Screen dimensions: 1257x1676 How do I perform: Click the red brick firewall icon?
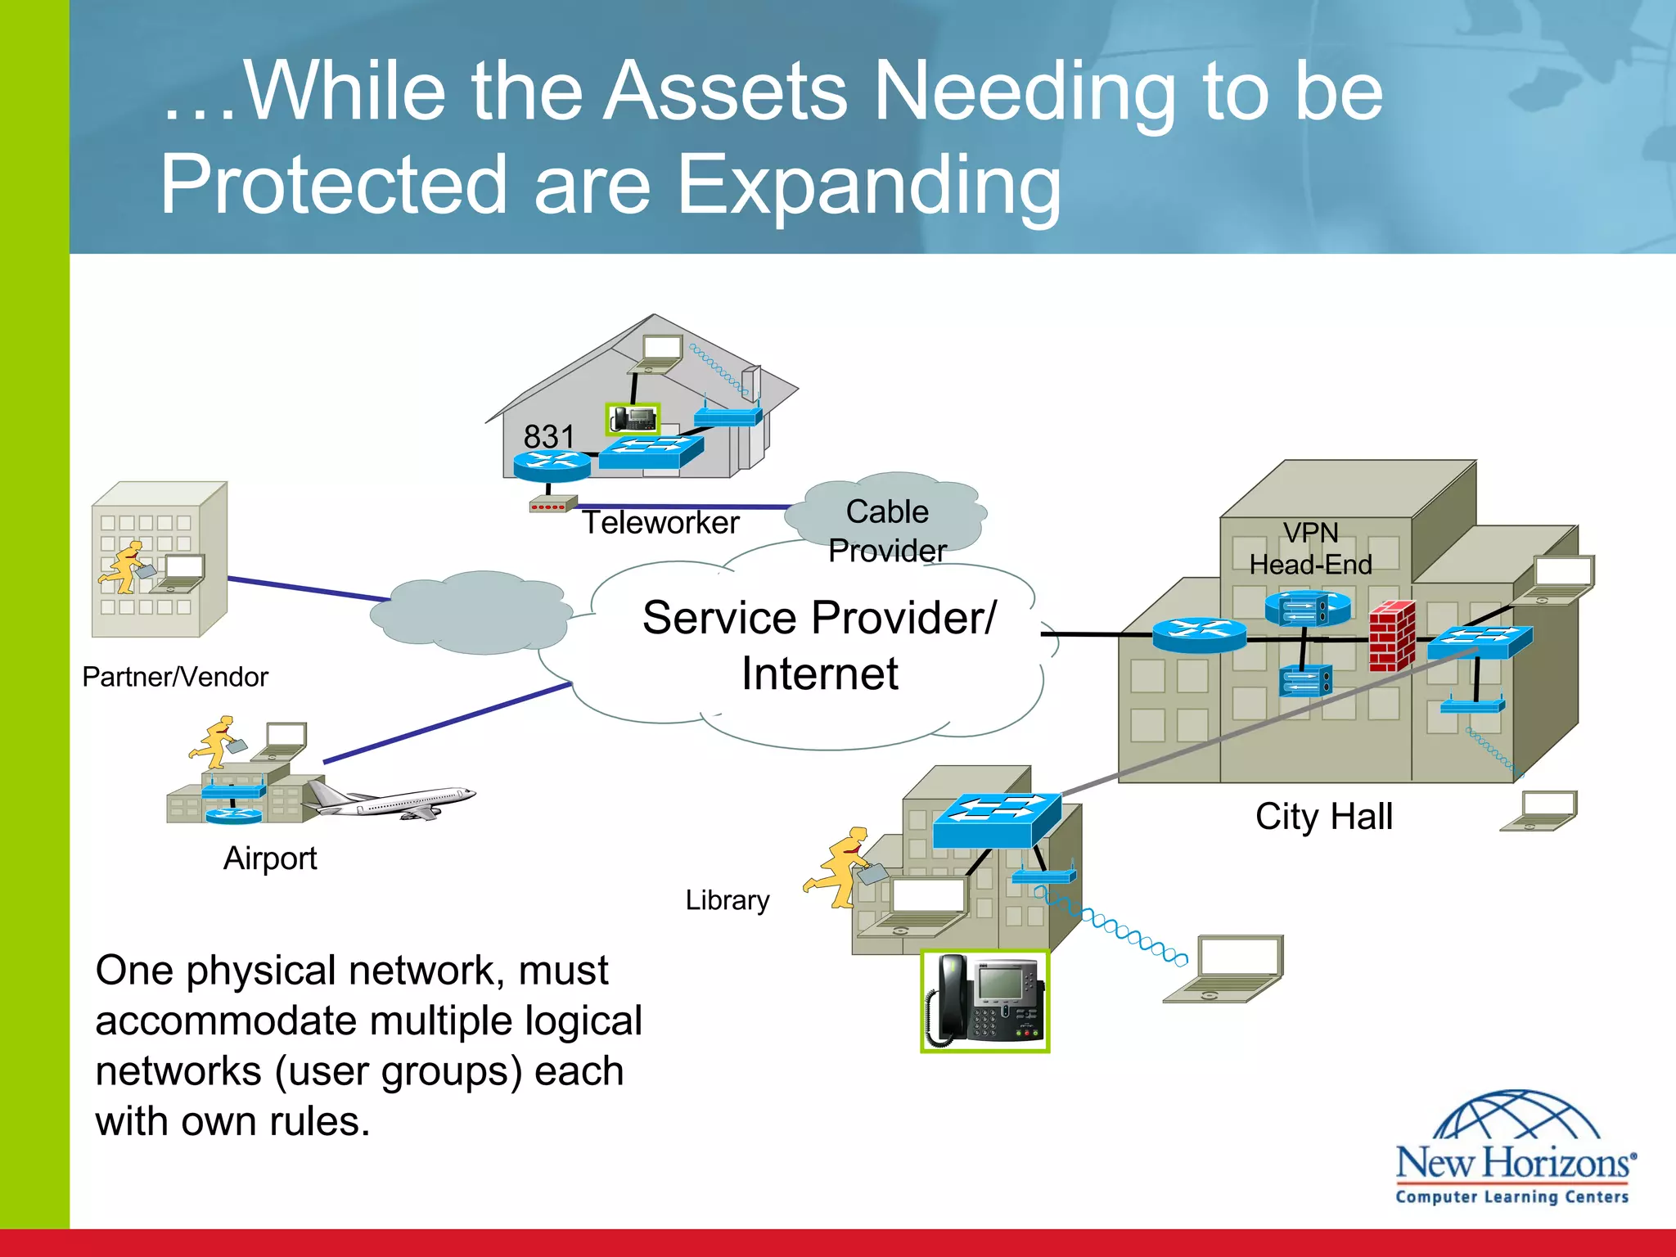[x=1392, y=636]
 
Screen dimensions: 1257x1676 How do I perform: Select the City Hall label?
[x=1323, y=816]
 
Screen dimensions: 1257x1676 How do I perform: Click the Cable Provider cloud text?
[x=888, y=530]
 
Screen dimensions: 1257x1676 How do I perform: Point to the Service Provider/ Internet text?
[x=819, y=645]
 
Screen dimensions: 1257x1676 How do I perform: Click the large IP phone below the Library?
[x=984, y=1001]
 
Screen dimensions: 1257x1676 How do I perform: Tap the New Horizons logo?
[x=1514, y=1150]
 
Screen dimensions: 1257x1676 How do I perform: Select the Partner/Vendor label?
[x=175, y=677]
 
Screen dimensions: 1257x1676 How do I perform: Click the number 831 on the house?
[x=549, y=436]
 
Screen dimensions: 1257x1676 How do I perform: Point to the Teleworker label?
[x=660, y=522]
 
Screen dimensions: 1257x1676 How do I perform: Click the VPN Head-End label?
[x=1310, y=548]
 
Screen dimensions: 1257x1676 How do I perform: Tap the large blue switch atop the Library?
[x=997, y=819]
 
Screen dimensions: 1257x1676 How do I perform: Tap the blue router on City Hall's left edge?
[x=1199, y=634]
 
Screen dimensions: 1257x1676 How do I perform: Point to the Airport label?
[x=270, y=858]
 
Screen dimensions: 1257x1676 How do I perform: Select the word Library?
[x=727, y=900]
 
